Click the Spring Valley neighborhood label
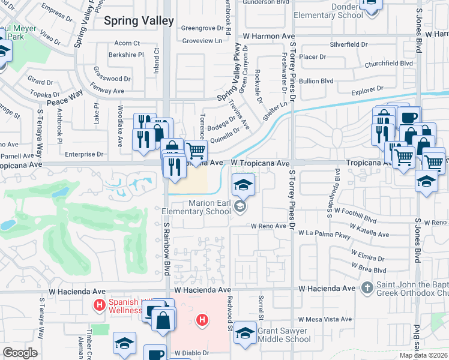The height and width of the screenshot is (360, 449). coord(139,20)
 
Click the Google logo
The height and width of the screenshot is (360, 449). coord(20,353)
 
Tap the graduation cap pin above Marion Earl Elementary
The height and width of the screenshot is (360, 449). coord(243,184)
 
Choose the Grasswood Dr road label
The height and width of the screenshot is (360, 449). coord(112,79)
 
